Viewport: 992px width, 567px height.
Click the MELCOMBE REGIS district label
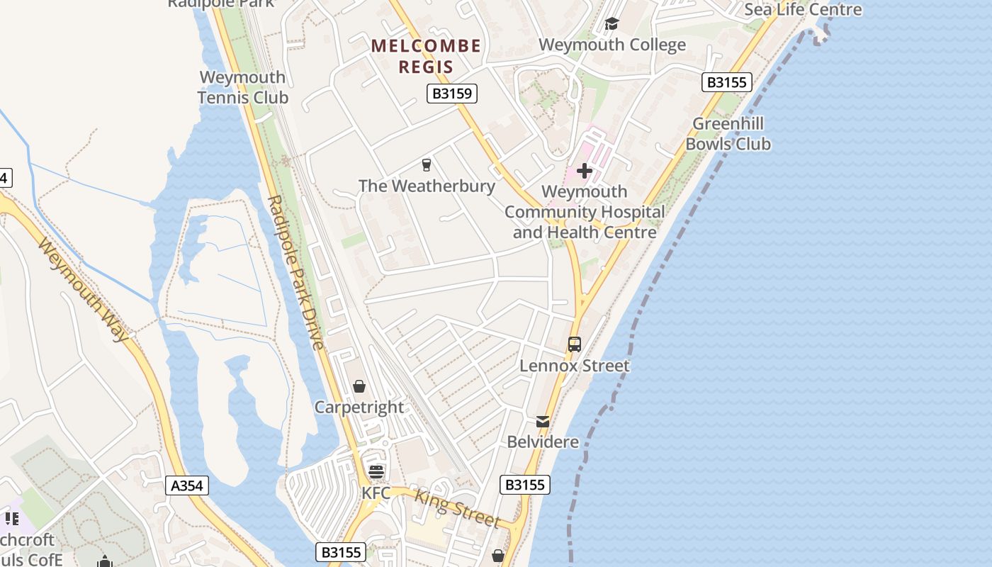(427, 57)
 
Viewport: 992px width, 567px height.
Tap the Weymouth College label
(612, 45)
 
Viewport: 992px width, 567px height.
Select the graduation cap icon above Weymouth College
(611, 24)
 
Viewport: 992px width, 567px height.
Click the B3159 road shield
(452, 94)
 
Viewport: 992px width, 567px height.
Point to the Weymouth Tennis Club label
(243, 87)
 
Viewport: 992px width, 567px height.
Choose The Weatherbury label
(427, 186)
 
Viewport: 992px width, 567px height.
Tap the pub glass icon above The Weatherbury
(427, 165)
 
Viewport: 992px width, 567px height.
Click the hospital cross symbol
(585, 171)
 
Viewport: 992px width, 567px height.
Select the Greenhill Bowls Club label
(728, 134)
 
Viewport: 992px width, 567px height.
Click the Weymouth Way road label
(83, 289)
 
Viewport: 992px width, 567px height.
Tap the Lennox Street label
(575, 366)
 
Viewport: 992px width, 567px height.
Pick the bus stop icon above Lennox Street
(575, 344)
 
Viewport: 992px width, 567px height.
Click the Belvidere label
(543, 442)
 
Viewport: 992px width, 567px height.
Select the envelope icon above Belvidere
(543, 422)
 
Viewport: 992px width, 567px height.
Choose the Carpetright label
(359, 407)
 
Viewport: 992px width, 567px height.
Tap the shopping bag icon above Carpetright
(359, 386)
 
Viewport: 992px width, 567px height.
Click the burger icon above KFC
(376, 472)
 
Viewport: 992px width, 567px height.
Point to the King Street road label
(457, 508)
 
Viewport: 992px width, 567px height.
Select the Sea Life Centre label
(803, 9)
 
